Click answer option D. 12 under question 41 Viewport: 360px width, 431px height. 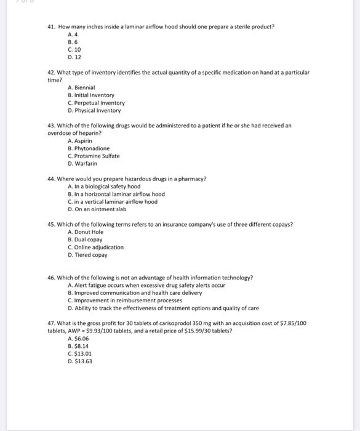tap(74, 57)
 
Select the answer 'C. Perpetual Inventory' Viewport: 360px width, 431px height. tap(96, 103)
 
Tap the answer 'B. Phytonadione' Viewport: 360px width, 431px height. tap(89, 148)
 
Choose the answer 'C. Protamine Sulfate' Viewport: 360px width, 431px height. tap(94, 156)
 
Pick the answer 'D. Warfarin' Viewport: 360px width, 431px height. tap(82, 163)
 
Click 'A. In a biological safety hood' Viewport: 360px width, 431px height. tap(104, 187)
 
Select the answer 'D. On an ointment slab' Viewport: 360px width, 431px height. tap(97, 209)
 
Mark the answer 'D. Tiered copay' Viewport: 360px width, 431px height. tap(87, 254)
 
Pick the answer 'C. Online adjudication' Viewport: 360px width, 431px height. tap(95, 247)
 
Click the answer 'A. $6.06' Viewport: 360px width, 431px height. tap(78, 339)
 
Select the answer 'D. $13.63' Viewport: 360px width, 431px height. tap(80, 361)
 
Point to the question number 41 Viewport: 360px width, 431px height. tap(52, 27)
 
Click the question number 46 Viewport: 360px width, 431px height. tap(52, 278)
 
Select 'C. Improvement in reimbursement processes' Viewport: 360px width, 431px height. tap(125, 300)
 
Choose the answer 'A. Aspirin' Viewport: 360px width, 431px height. tap(80, 141)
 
